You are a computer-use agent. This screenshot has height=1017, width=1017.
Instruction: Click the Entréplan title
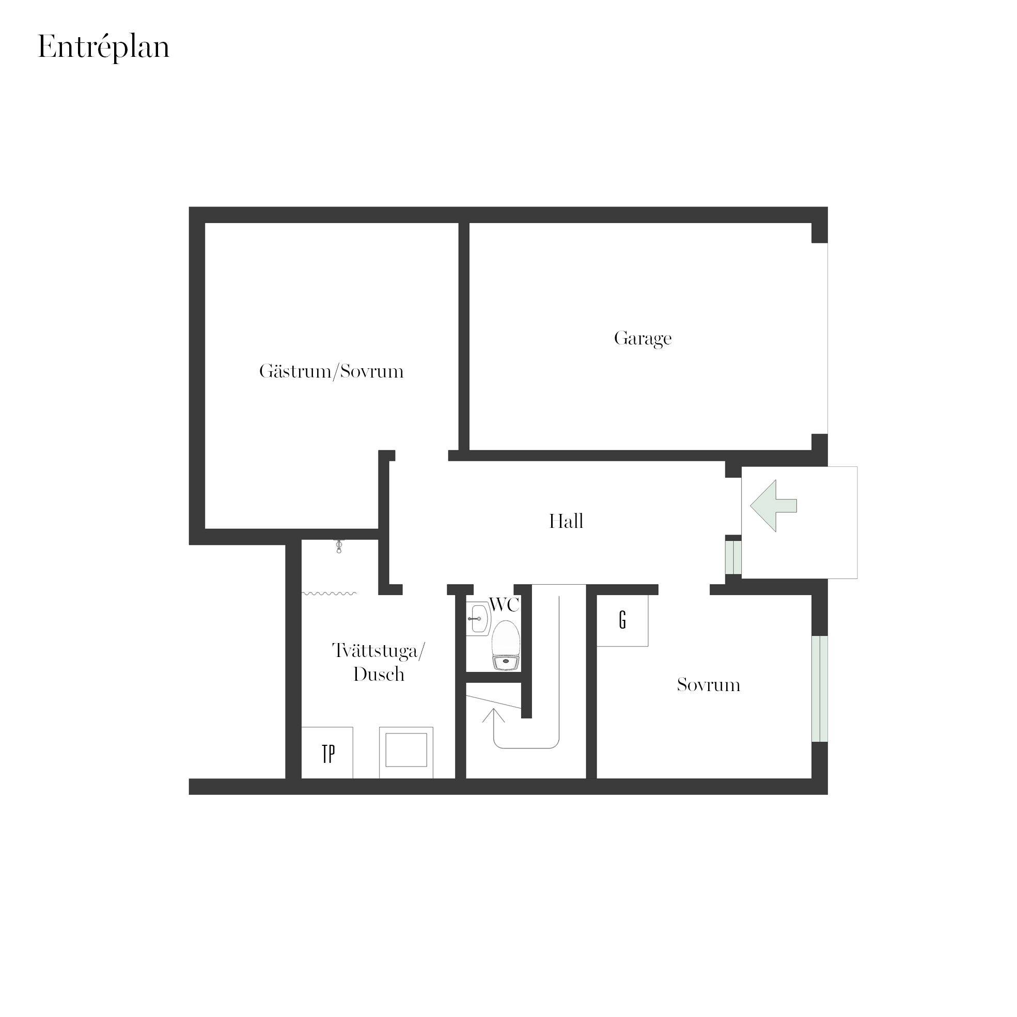tap(104, 48)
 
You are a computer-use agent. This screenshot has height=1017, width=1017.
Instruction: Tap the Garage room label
tap(643, 338)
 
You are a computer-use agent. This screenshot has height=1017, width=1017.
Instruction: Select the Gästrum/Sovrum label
tap(331, 372)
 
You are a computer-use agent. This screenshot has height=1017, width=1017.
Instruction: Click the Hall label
tap(566, 521)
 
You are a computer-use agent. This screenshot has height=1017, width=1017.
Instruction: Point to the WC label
tap(504, 605)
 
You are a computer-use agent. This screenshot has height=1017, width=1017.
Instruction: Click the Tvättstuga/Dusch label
tap(379, 662)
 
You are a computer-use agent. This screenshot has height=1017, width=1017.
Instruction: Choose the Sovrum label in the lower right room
tap(709, 685)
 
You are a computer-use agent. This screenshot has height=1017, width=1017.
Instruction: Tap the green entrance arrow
tap(773, 506)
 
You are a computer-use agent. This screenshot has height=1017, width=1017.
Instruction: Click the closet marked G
tap(622, 620)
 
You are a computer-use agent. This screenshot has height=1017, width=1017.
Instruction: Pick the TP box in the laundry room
tap(327, 753)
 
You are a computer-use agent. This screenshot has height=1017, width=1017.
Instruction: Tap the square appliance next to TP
tap(406, 753)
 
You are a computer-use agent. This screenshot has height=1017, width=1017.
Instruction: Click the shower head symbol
tap(339, 547)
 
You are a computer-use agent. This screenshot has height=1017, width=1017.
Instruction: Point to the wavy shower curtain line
tap(329, 593)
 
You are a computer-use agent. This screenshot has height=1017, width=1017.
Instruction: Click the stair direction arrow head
tap(493, 715)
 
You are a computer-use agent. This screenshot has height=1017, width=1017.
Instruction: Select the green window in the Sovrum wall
tap(820, 689)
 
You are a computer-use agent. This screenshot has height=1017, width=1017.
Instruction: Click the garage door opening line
tap(827, 338)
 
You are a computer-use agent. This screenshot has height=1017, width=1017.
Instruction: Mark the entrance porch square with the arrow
tap(800, 523)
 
